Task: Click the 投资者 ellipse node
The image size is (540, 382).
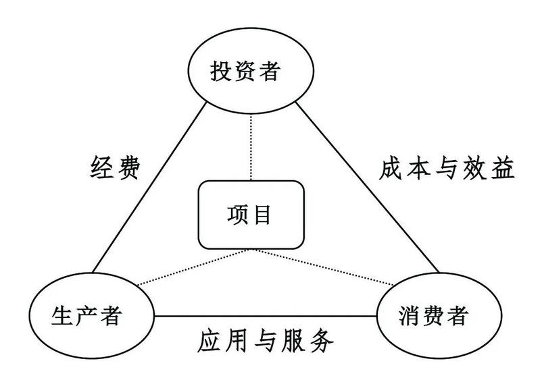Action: tap(251, 72)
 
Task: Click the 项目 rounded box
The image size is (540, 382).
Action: tap(251, 214)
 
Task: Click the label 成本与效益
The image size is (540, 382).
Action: tap(445, 167)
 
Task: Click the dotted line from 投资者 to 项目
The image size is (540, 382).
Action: tap(251, 145)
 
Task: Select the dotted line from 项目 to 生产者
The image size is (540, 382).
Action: tap(196, 267)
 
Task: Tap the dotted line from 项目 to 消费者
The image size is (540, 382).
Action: tap(318, 265)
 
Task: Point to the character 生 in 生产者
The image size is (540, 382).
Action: tap(62, 315)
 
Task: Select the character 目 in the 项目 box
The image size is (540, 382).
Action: tap(264, 215)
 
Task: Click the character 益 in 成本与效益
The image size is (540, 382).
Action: tap(504, 167)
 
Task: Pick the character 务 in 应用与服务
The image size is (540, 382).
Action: tap(323, 343)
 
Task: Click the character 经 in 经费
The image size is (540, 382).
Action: tap(101, 167)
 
